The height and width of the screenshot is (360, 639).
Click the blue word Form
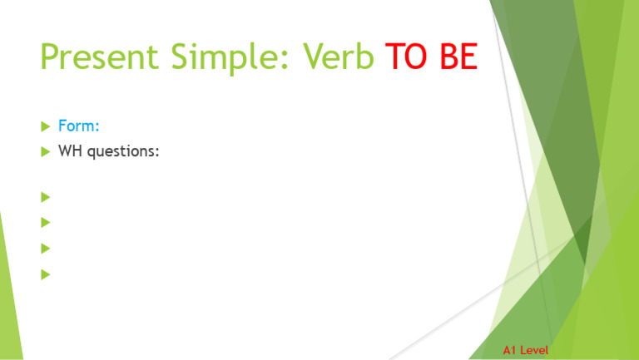(77, 126)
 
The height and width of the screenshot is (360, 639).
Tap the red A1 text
(510, 351)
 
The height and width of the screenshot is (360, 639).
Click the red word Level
(533, 351)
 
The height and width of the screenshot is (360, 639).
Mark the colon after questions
(157, 153)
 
